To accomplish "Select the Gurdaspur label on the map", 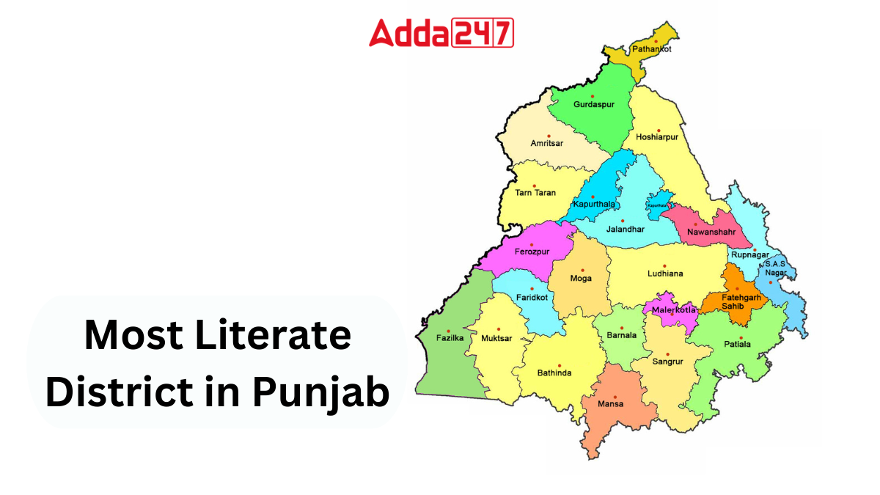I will (593, 105).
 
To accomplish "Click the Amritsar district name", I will (547, 143).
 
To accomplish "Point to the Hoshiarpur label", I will (657, 137).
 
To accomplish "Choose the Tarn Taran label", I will (535, 193).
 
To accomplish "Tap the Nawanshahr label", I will (711, 232).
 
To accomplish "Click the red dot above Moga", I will (582, 270).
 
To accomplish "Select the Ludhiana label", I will (665, 274).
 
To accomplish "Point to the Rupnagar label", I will (749, 255).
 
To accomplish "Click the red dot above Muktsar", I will (499, 329).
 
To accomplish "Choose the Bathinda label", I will (554, 373).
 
